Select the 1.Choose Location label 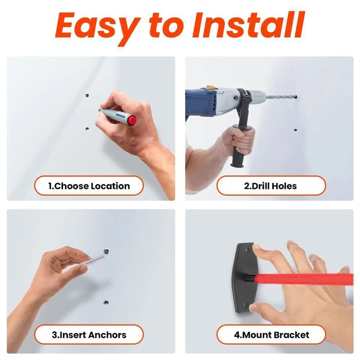(x=89, y=186)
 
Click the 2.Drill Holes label (x=270, y=186)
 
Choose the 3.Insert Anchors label (x=89, y=335)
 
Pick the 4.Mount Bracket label (x=271, y=335)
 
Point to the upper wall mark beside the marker (x=87, y=95)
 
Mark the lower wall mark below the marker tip (x=86, y=128)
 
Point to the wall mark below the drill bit (x=295, y=130)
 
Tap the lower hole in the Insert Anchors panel (x=106, y=302)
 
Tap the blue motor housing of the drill (x=200, y=103)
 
